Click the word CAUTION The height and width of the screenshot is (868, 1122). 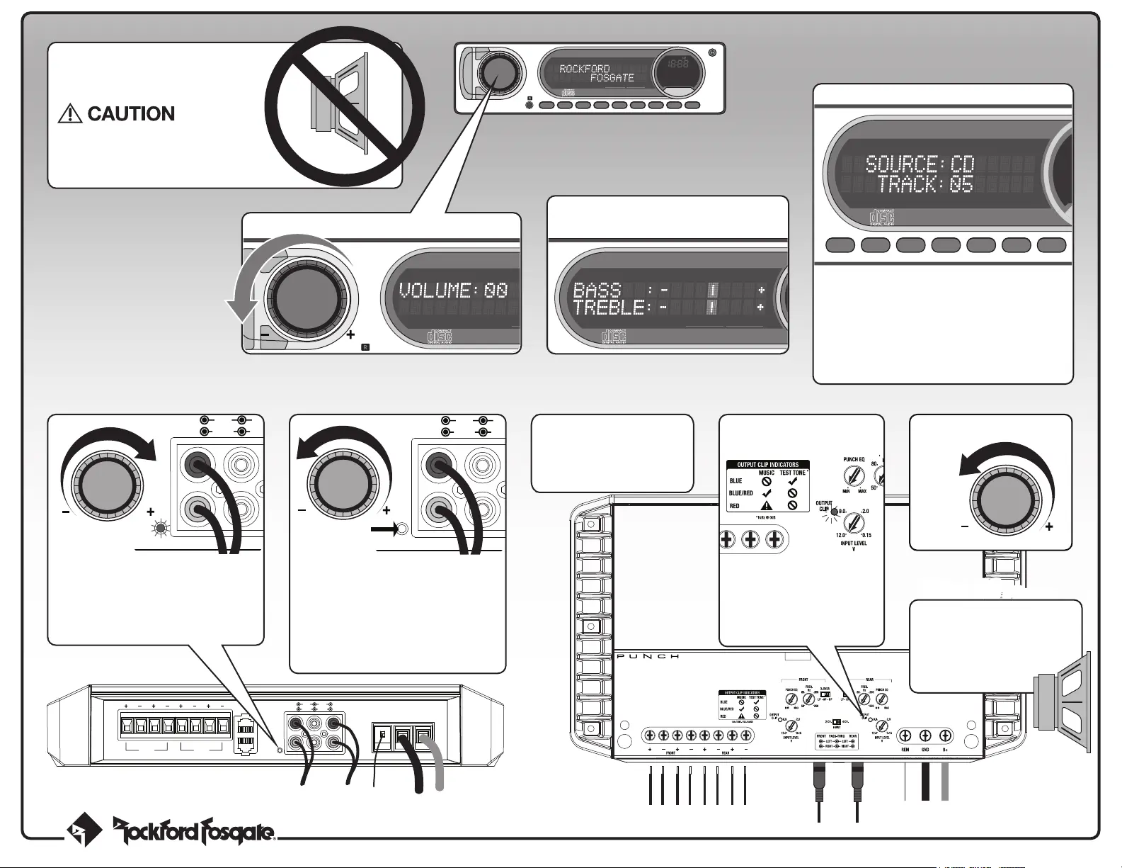click(131, 114)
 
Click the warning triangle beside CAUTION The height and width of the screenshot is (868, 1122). click(70, 114)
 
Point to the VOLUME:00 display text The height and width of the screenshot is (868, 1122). click(453, 290)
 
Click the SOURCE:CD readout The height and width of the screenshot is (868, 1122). click(920, 164)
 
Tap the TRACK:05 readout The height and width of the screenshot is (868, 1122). click(925, 185)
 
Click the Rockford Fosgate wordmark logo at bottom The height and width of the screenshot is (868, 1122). click(194, 831)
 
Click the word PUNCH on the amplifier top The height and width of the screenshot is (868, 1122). click(648, 657)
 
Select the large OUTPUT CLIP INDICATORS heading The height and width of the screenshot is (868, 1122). click(767, 465)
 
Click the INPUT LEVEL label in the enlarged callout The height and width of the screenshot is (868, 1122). click(853, 543)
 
